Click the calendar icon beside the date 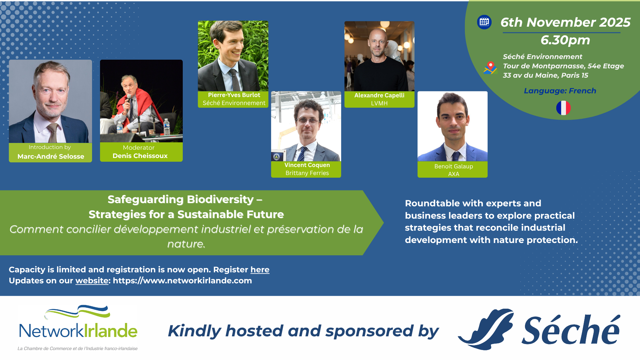tap(484, 22)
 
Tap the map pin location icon tap(490, 68)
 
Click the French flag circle tap(563, 108)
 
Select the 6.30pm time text tap(565, 40)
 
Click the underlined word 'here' tap(259, 270)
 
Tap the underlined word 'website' tap(92, 281)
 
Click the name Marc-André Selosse tap(51, 156)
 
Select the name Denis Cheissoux tap(140, 156)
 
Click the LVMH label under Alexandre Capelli tap(379, 103)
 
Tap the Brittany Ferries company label tap(307, 173)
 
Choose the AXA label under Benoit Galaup tap(453, 174)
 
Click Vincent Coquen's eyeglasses tap(307, 121)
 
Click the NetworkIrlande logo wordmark tap(78, 330)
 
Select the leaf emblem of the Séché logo tap(486, 328)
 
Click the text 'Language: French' tap(560, 91)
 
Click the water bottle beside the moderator tap(167, 127)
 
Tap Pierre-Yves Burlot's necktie tap(235, 80)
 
